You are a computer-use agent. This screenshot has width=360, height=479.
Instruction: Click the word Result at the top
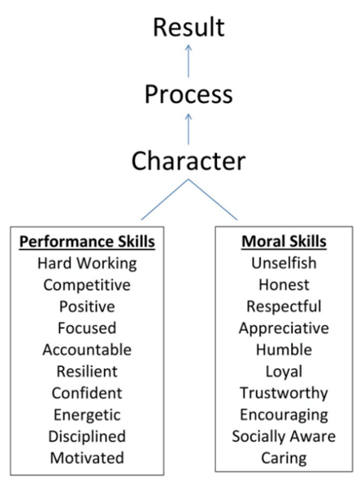click(x=189, y=28)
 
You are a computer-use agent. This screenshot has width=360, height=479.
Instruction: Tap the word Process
click(x=189, y=94)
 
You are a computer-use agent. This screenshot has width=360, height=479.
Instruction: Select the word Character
click(x=189, y=161)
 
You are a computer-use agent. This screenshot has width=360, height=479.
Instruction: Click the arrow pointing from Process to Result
click(x=189, y=61)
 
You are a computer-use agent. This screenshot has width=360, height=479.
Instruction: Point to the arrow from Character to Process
click(x=189, y=129)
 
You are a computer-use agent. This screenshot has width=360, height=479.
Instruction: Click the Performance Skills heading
click(x=87, y=242)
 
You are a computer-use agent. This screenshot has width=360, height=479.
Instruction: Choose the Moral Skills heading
click(x=284, y=242)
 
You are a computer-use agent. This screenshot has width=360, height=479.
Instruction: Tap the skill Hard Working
click(x=87, y=263)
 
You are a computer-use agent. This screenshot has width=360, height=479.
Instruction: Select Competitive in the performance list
click(x=87, y=285)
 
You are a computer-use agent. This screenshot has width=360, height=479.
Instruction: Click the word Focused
click(x=87, y=328)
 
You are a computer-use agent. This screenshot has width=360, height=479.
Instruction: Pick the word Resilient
click(x=87, y=372)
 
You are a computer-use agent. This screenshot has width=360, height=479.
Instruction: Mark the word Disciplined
click(x=87, y=437)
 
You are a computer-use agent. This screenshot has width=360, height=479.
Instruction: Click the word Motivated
click(x=87, y=458)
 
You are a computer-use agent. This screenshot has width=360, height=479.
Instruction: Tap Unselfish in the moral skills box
click(x=284, y=263)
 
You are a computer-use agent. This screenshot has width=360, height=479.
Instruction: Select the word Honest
click(x=284, y=285)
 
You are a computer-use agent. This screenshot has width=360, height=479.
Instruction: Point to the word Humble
click(x=284, y=350)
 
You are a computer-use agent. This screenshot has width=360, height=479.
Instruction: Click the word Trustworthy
click(x=284, y=393)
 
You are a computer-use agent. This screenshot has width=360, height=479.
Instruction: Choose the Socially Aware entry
click(x=284, y=437)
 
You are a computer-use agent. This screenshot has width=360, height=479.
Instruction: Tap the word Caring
click(x=284, y=458)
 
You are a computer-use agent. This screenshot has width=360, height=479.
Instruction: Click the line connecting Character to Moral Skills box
click(x=213, y=199)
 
